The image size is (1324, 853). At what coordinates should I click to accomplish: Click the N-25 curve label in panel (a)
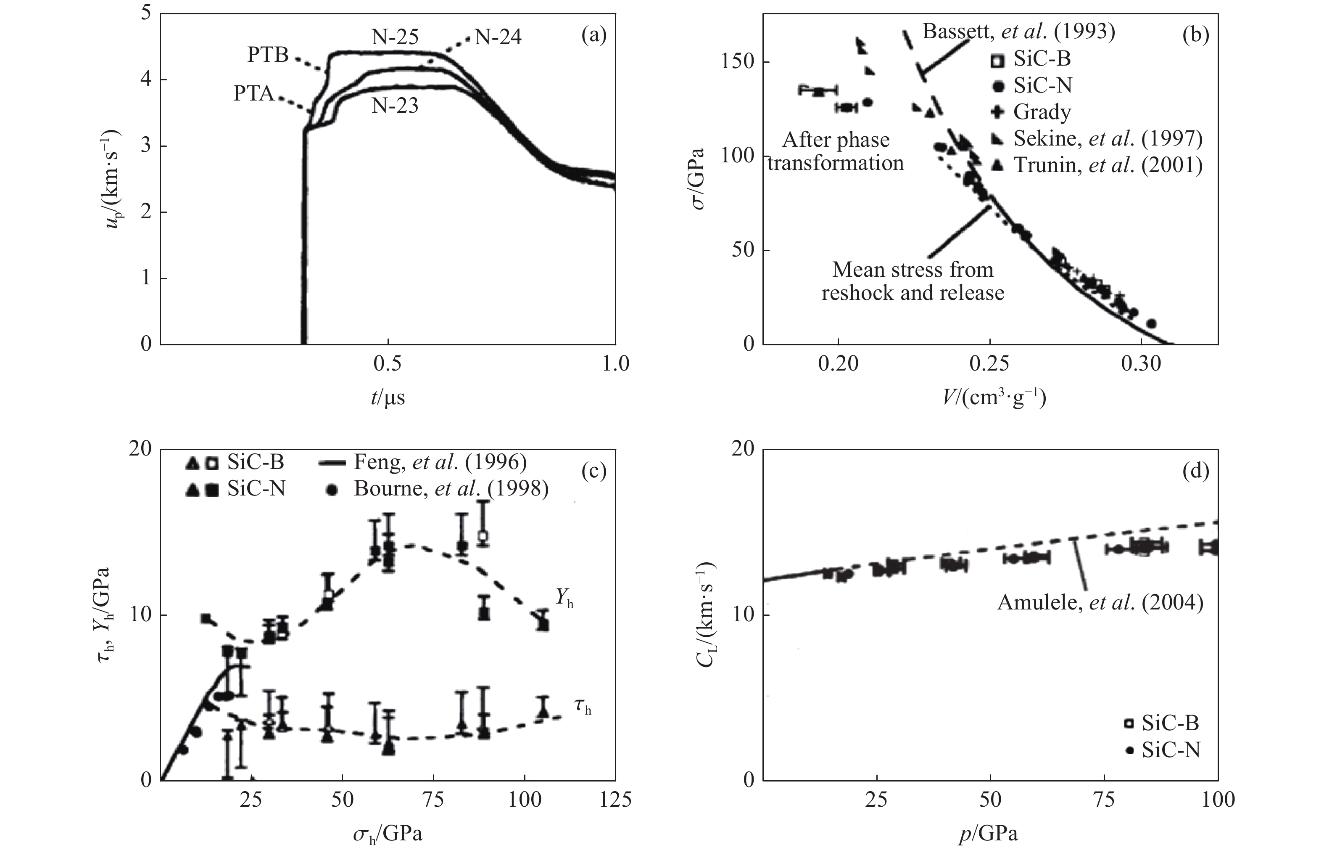point(395,37)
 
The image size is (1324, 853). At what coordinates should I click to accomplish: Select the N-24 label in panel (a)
point(498,38)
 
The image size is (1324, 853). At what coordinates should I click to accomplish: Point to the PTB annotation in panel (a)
point(268,56)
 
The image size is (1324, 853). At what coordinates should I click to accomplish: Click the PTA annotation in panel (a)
point(253,94)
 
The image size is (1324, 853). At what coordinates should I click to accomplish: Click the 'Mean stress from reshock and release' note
point(913,281)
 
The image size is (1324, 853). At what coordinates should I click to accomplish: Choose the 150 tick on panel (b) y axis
point(739,62)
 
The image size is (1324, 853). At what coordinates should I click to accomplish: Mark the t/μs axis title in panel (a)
point(388,397)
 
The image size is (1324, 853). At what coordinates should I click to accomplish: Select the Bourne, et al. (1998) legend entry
point(451,488)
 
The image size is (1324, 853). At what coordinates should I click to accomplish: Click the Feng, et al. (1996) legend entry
point(440,462)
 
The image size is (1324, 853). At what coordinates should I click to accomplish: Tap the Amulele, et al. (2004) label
point(1100,602)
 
